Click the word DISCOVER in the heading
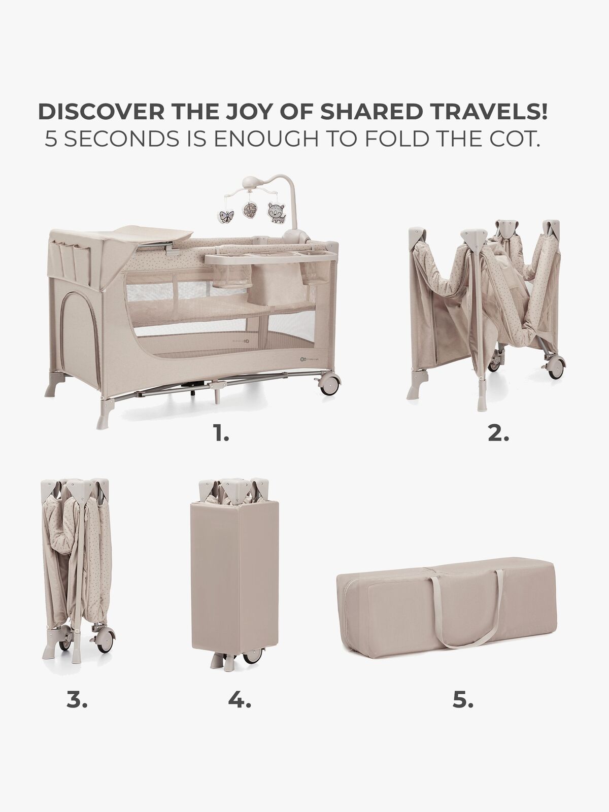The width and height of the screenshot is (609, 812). click(101, 112)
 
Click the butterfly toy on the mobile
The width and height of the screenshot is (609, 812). click(227, 216)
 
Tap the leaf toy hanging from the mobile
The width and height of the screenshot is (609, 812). click(250, 209)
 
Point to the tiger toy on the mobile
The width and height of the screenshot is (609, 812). click(276, 212)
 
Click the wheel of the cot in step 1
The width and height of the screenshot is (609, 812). click(330, 384)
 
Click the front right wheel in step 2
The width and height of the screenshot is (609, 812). click(555, 367)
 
